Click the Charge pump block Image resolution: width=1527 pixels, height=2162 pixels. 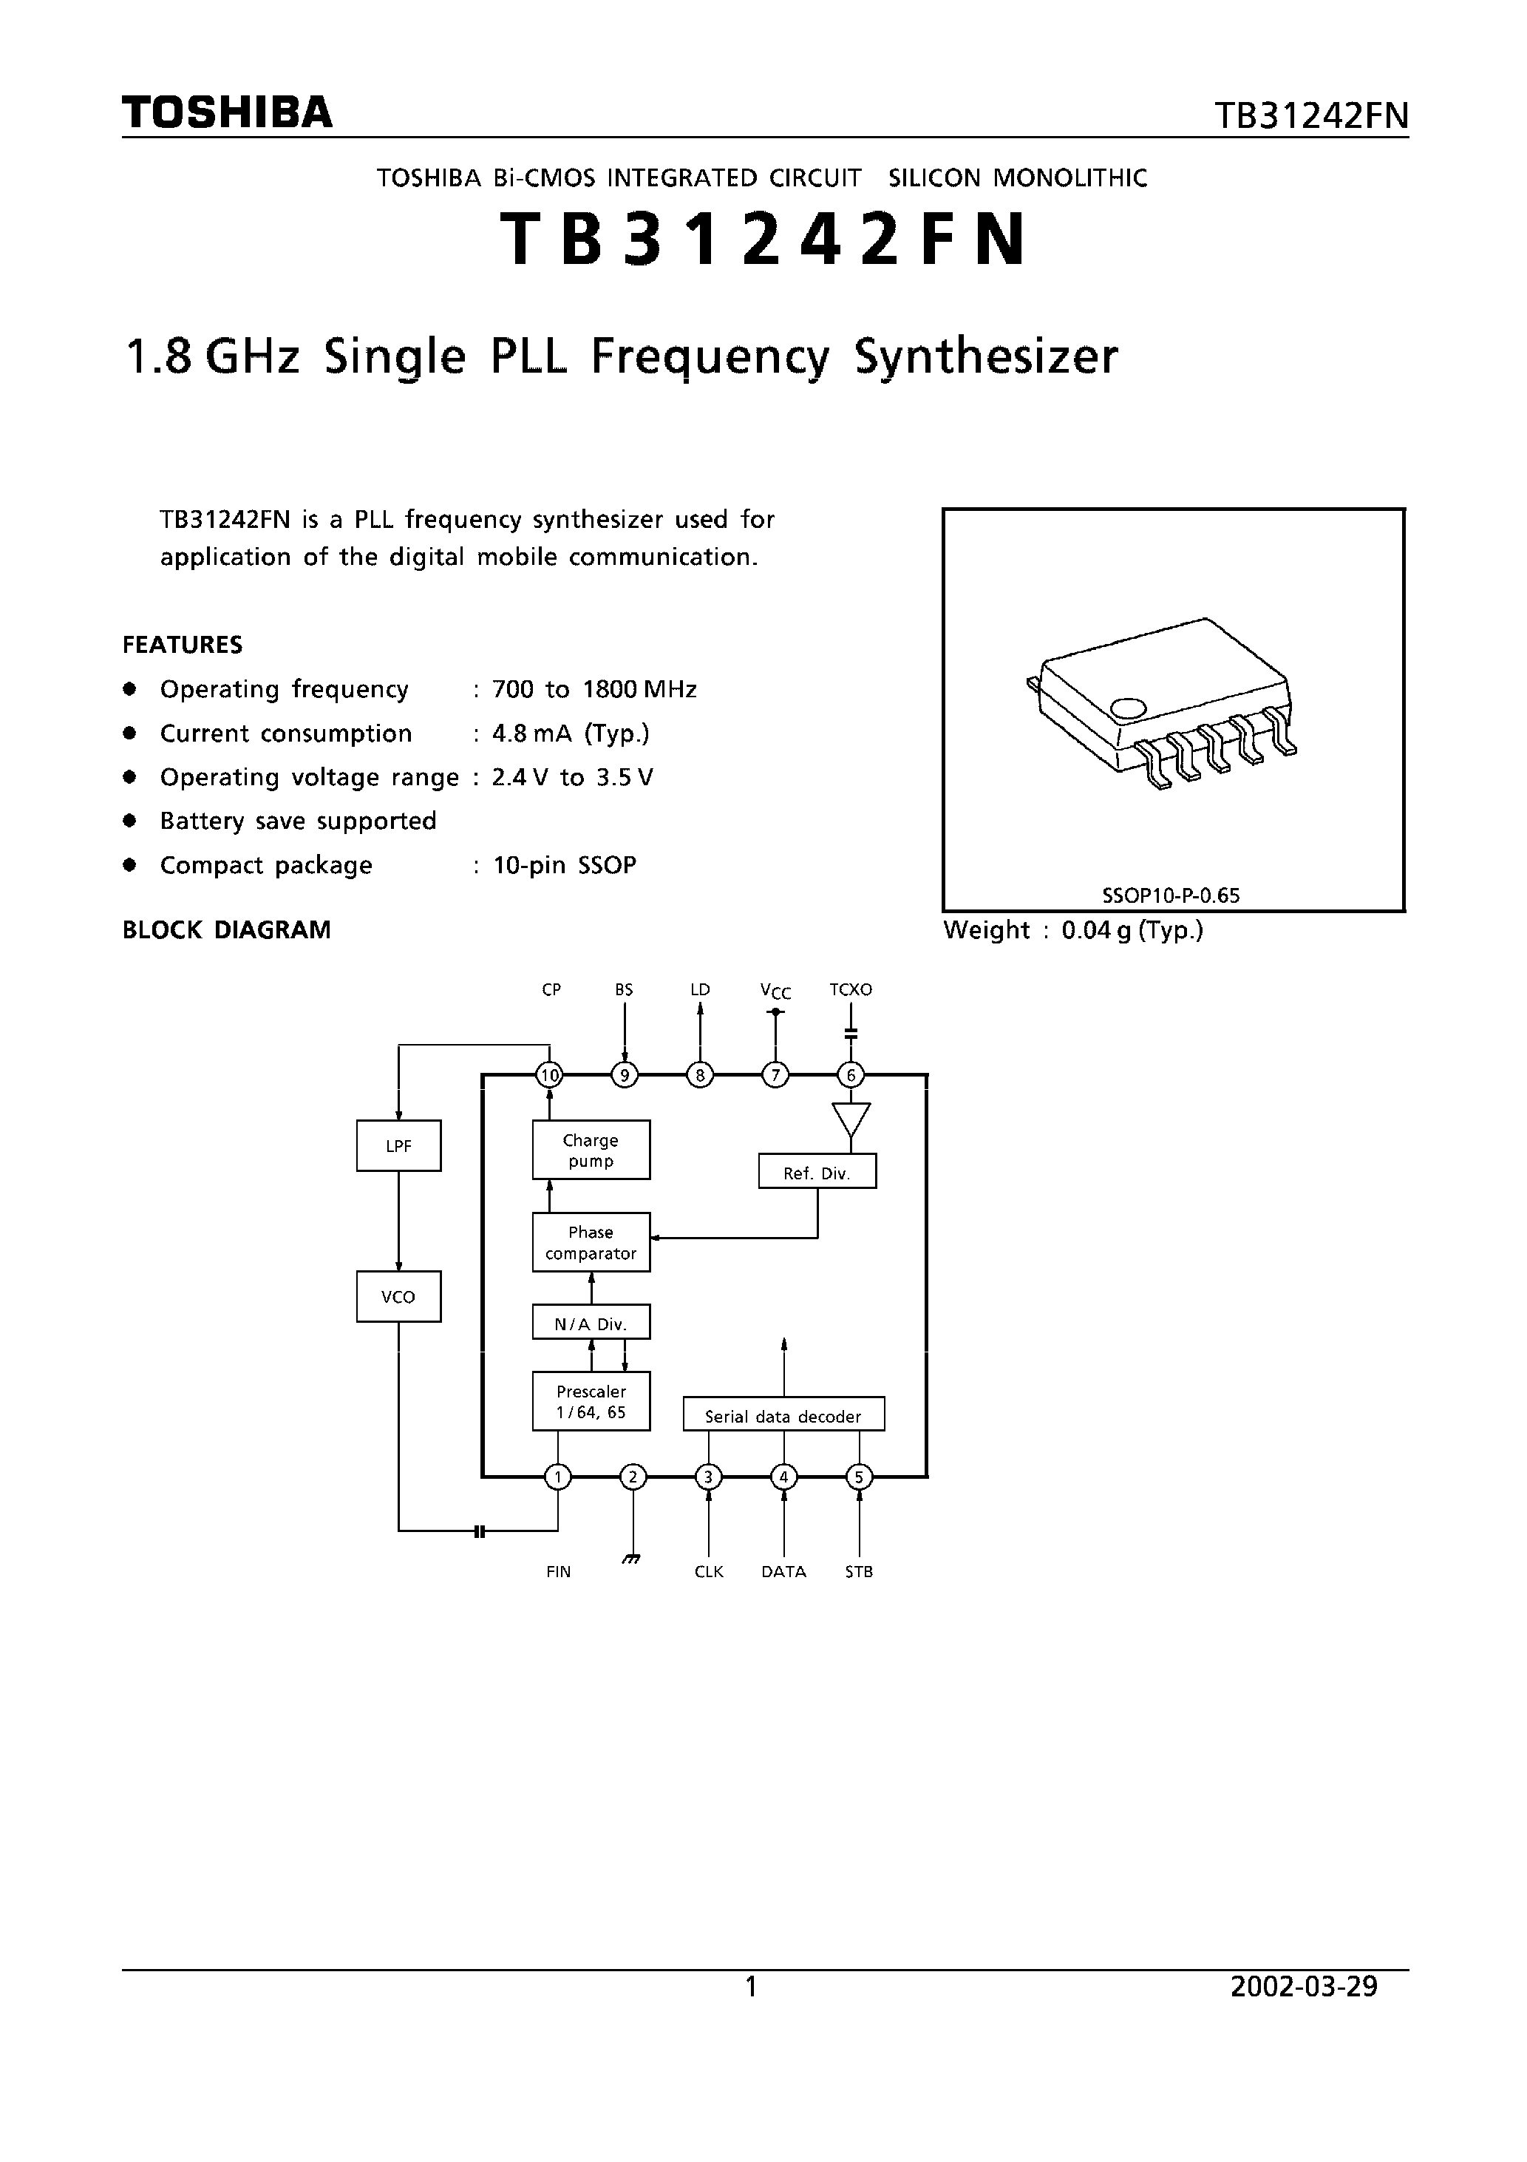click(591, 1150)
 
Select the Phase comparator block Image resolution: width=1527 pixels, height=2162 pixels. click(591, 1242)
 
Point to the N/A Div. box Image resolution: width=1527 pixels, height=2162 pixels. click(591, 1323)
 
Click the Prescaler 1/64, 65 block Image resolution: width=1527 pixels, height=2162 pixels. click(591, 1401)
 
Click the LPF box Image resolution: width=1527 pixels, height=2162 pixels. click(398, 1146)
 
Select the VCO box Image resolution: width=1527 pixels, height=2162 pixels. click(398, 1297)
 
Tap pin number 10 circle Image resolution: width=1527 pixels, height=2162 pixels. click(549, 1074)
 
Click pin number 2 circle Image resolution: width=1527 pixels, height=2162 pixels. click(633, 1477)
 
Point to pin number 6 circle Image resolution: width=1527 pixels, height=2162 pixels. click(850, 1074)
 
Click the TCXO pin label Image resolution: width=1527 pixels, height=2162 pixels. click(850, 989)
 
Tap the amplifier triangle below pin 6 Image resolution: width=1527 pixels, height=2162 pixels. click(851, 1119)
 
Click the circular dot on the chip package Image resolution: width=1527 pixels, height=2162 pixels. click(1128, 708)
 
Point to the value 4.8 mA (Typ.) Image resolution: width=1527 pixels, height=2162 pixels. click(571, 733)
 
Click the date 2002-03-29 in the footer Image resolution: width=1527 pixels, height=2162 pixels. click(1304, 1987)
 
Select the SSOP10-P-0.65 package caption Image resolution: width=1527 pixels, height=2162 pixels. click(1170, 895)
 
